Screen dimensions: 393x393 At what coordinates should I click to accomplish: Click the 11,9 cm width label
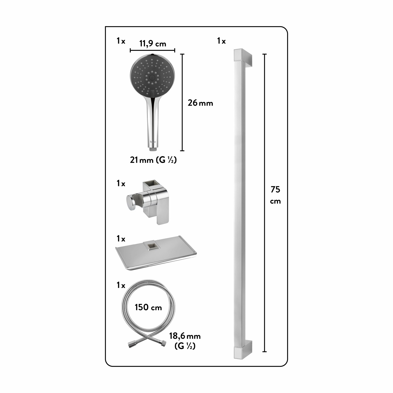tap(153, 43)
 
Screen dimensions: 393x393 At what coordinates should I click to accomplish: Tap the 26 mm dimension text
tap(200, 103)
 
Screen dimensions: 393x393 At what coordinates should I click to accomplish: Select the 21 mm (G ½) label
tap(153, 160)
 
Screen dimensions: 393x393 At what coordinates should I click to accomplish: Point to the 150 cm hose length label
tap(148, 307)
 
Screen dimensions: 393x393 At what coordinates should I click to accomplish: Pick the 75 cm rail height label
tap(275, 195)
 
